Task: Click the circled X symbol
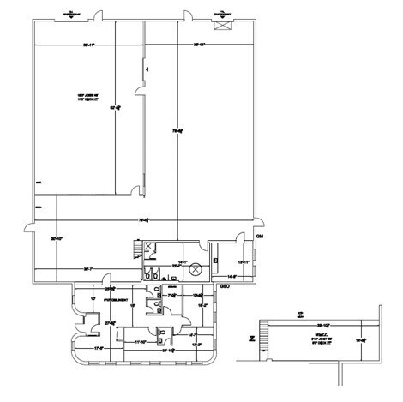(x=195, y=268)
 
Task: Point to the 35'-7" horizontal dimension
(x=87, y=269)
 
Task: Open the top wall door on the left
(x=98, y=15)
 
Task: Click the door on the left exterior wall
(x=30, y=228)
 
